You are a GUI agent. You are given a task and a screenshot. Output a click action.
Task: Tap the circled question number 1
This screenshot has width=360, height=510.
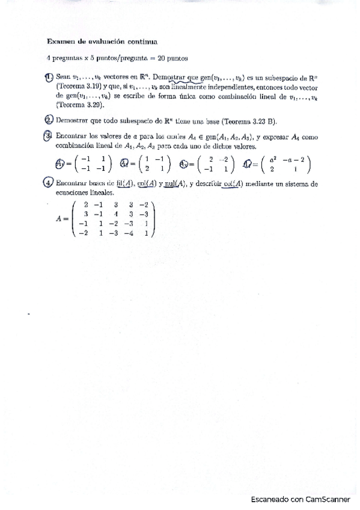click(49, 77)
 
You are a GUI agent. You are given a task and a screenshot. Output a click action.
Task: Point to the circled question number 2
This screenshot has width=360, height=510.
click(49, 120)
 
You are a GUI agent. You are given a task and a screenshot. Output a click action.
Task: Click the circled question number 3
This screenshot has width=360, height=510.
click(49, 137)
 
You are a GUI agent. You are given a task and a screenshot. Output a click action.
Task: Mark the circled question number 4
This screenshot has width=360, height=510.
click(49, 183)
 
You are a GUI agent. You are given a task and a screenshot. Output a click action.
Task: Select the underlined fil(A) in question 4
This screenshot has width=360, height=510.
click(126, 184)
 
